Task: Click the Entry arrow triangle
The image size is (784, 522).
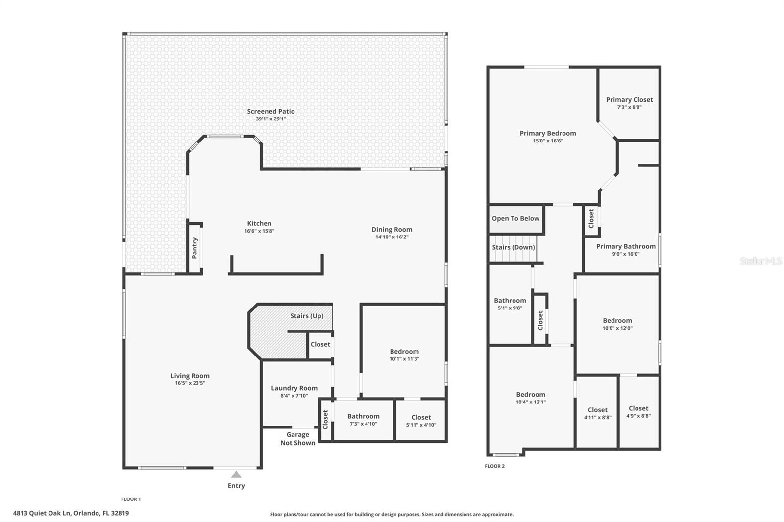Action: [236, 474]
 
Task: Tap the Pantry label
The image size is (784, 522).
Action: [195, 248]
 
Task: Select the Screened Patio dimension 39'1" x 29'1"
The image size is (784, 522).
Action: [270, 119]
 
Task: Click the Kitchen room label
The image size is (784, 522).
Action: [259, 223]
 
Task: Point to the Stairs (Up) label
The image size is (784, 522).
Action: [307, 316]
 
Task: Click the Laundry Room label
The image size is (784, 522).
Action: [294, 388]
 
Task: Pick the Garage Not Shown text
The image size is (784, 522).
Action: [297, 438]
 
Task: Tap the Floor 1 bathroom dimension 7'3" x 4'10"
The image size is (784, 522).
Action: [363, 424]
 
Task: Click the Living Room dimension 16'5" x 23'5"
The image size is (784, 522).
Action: [190, 383]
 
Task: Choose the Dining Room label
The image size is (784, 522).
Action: [392, 229]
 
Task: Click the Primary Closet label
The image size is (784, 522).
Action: [629, 100]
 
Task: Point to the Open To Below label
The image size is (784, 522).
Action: [515, 218]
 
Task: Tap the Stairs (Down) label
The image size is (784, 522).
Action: [513, 247]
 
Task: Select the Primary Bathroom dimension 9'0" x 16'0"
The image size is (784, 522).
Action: [625, 254]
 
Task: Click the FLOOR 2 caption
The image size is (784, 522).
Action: [494, 466]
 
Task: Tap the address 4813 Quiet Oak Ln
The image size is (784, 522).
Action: [71, 513]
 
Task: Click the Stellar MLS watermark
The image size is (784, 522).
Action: [760, 261]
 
